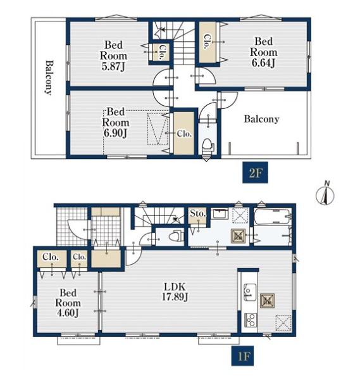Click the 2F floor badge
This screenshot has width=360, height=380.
[x=255, y=172]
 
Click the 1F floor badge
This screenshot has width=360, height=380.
[x=242, y=355]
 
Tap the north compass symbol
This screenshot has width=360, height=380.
[x=325, y=193]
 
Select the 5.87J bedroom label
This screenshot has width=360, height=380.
[x=113, y=56]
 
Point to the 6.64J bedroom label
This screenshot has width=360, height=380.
[x=264, y=52]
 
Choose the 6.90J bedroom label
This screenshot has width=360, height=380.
[x=116, y=122]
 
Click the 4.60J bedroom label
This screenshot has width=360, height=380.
[x=68, y=303]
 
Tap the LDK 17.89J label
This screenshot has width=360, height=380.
[x=175, y=292]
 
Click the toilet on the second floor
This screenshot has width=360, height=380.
[x=208, y=144]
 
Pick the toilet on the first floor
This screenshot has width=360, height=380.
[x=175, y=236]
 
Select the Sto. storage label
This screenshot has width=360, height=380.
[x=198, y=213]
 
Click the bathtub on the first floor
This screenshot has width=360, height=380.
[x=272, y=217]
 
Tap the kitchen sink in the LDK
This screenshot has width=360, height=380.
[x=249, y=292]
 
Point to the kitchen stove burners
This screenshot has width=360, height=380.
[x=251, y=320]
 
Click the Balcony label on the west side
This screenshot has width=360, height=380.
[x=49, y=77]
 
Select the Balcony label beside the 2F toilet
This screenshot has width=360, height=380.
[x=261, y=119]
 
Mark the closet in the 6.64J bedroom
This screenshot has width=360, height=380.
[x=208, y=42]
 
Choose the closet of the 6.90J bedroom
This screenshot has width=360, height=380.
[x=184, y=133]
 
